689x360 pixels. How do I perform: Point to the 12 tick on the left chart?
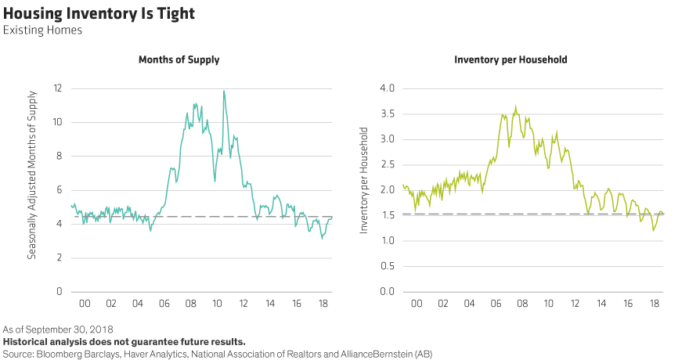[x=57, y=88]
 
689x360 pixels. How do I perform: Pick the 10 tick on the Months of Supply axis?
[x=57, y=122]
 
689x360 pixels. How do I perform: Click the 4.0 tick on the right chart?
[x=387, y=88]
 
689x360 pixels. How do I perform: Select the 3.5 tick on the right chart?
[x=387, y=113]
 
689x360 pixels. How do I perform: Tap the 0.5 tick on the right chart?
[x=387, y=266]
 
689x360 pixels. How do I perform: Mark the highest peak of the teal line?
[x=225, y=91]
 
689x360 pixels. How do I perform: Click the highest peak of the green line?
[x=515, y=106]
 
